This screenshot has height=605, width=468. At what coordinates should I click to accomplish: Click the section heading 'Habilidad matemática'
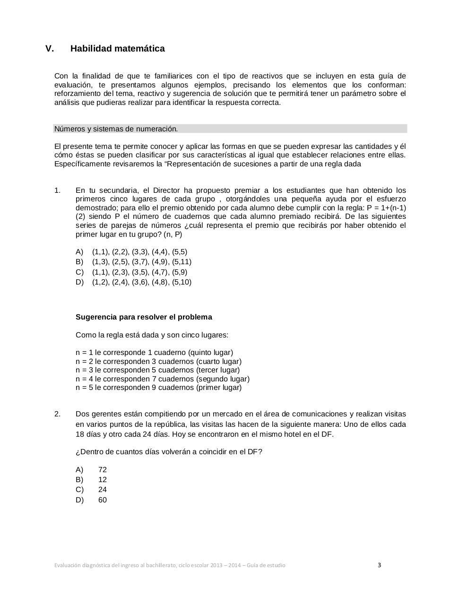(117, 49)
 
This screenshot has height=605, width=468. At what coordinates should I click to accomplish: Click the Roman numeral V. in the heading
(50, 49)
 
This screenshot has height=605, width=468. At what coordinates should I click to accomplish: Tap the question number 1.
(57, 190)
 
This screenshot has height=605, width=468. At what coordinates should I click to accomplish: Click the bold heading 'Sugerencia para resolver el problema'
(144, 317)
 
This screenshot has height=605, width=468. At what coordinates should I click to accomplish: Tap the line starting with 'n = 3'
(157, 370)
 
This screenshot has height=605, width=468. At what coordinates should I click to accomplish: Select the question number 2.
(57, 414)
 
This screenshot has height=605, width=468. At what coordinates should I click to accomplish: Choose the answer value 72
(103, 469)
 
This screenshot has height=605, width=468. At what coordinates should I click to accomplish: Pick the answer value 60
(103, 500)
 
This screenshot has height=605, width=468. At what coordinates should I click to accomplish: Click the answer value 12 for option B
(103, 480)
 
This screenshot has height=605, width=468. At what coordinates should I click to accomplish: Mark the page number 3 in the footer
(379, 565)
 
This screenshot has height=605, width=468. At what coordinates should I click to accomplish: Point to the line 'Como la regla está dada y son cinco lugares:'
(152, 335)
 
